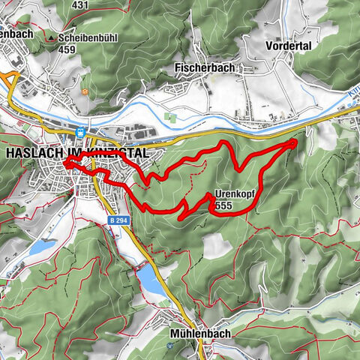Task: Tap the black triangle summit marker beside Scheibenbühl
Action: [x=51, y=36]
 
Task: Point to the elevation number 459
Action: [x=67, y=49]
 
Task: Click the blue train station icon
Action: [x=79, y=132]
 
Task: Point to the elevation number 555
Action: [x=223, y=205]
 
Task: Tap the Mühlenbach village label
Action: [x=199, y=333]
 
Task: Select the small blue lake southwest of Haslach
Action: [x=43, y=247]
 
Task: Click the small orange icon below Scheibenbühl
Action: [x=85, y=91]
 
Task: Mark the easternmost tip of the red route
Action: [x=295, y=140]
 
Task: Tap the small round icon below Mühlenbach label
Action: [x=172, y=346]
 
